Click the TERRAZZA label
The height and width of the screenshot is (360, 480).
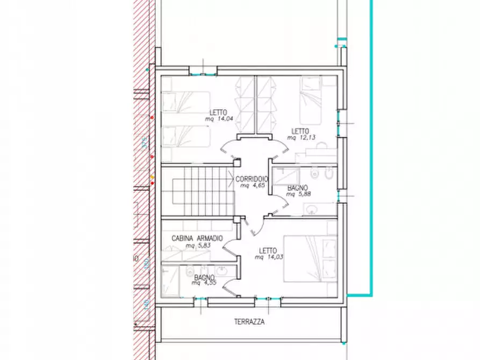point(249,322)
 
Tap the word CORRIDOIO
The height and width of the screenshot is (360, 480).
point(252,179)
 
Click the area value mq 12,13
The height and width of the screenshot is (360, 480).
point(300,138)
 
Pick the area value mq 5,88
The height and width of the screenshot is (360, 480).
point(297,194)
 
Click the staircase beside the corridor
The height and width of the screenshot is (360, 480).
point(202,191)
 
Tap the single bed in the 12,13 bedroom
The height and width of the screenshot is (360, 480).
point(311,102)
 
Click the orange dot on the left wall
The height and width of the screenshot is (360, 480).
point(152,176)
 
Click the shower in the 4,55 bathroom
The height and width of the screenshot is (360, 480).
point(171,279)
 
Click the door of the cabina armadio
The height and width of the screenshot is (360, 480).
point(231,247)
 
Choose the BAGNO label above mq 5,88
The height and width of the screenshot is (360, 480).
point(297,188)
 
